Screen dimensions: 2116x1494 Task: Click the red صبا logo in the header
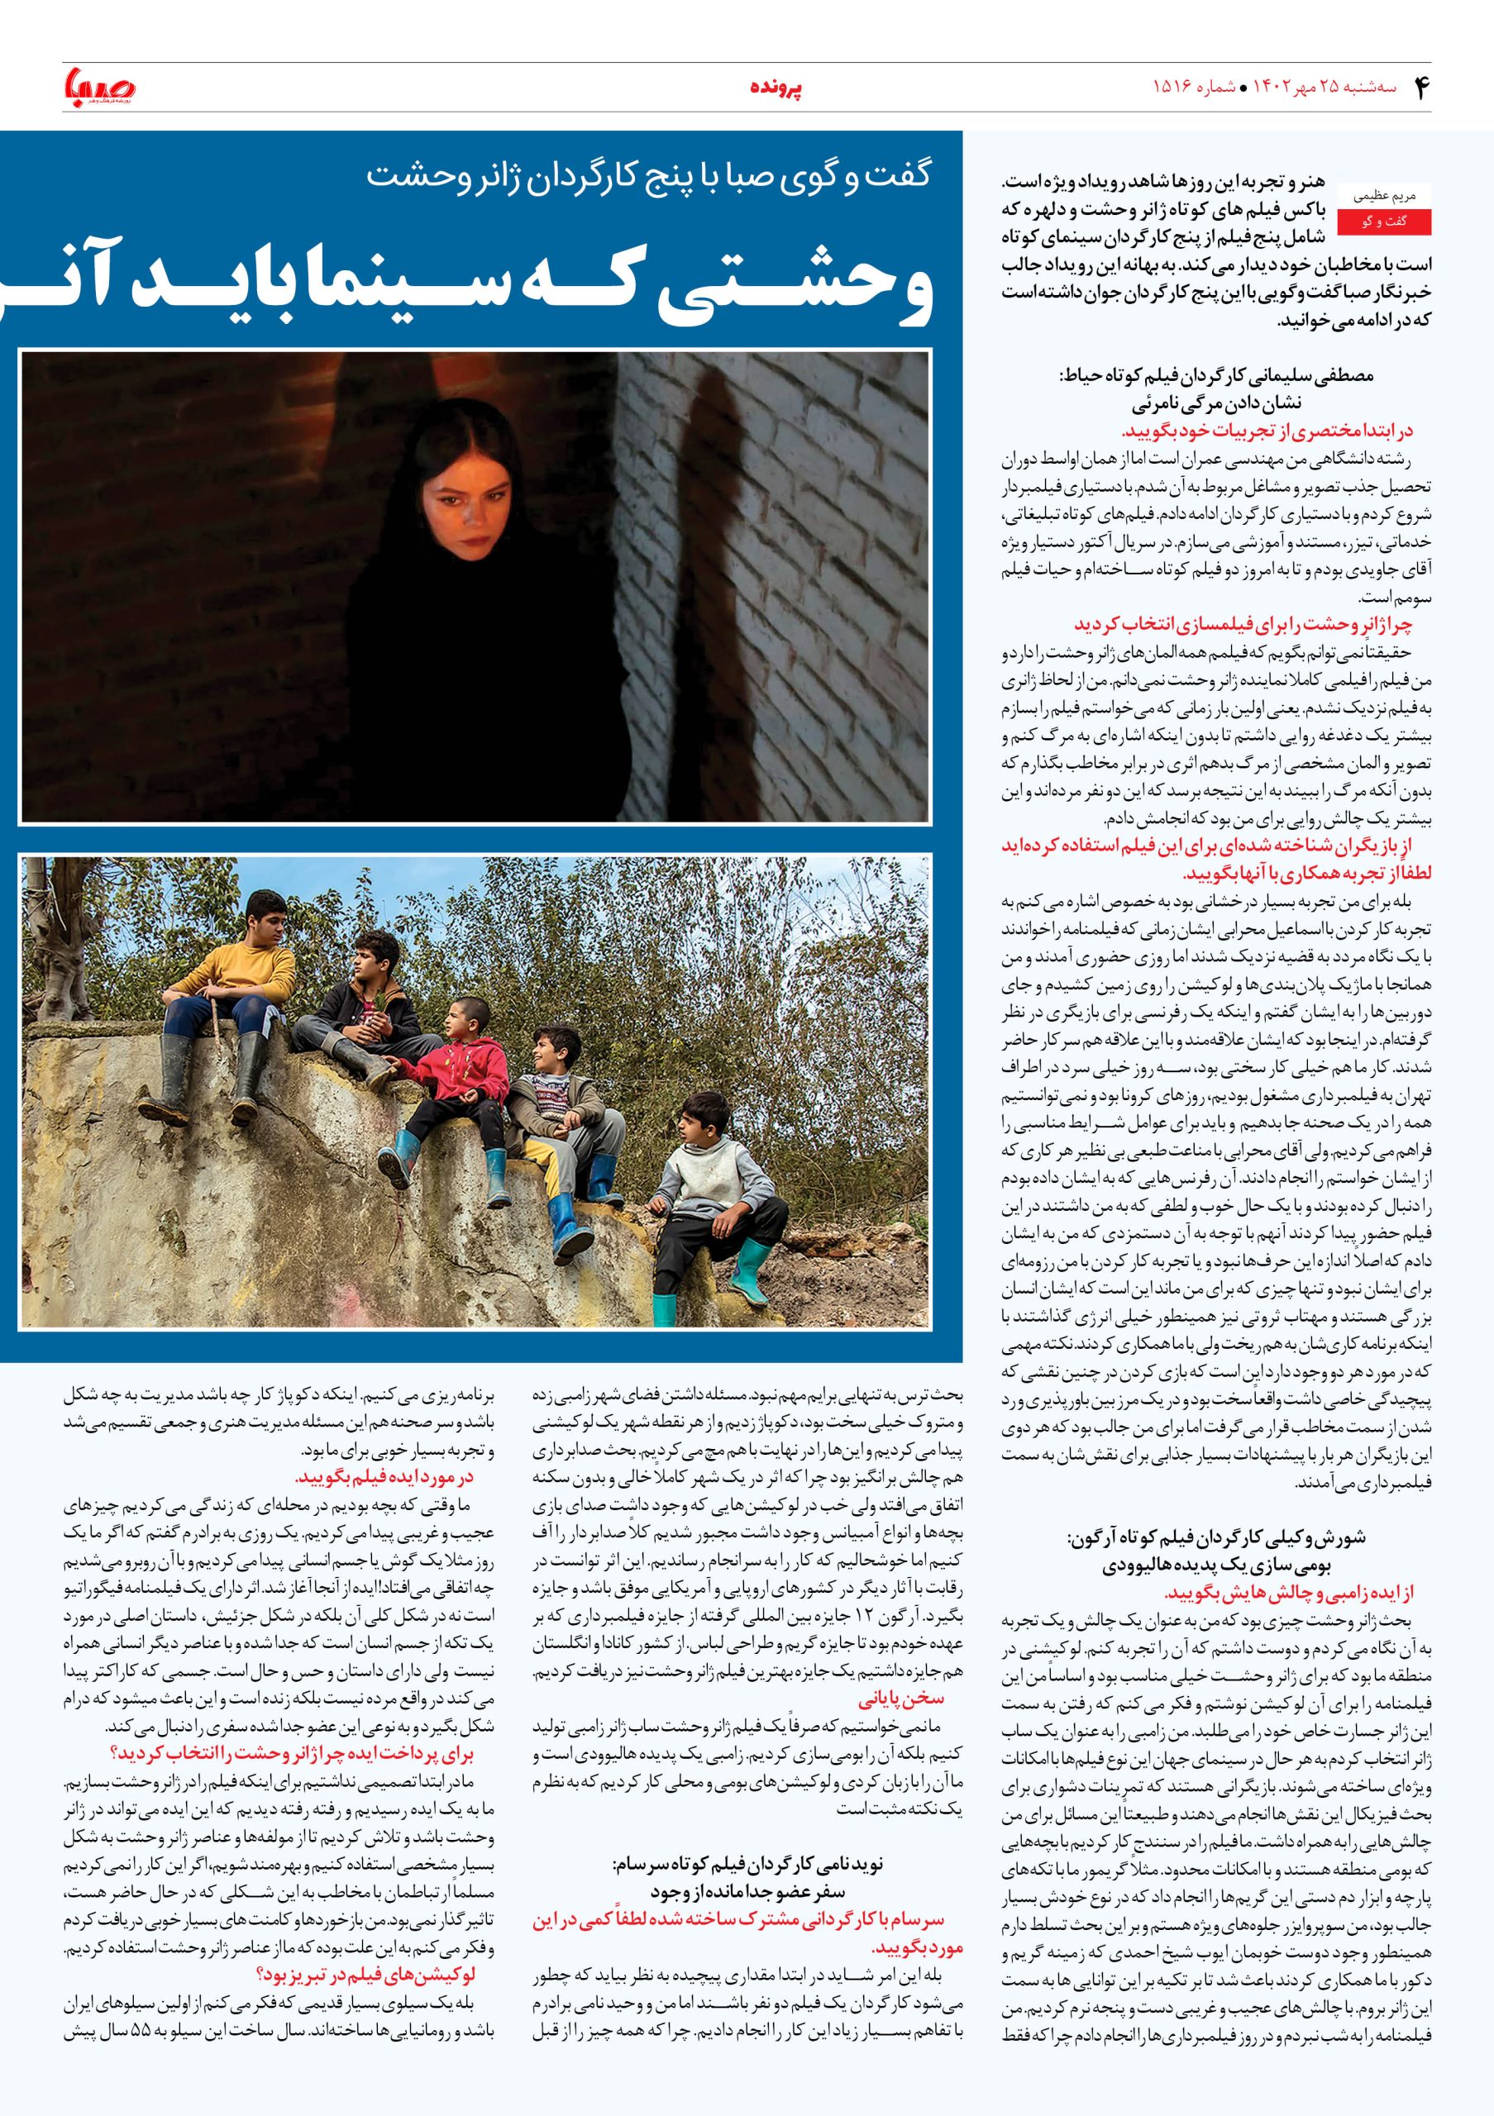[99, 88]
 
